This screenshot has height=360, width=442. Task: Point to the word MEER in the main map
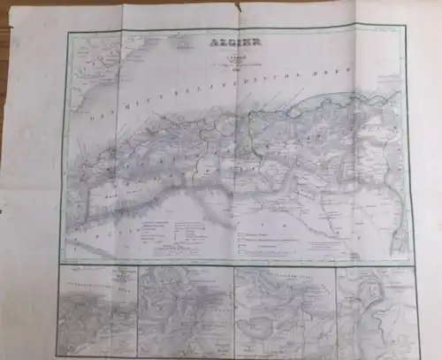(x=340, y=78)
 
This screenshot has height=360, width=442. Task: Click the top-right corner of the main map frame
(x=404, y=25)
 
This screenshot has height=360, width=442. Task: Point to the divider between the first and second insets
(x=137, y=310)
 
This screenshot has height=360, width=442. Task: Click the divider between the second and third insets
(x=233, y=310)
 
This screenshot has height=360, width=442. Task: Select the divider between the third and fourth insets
(x=335, y=310)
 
